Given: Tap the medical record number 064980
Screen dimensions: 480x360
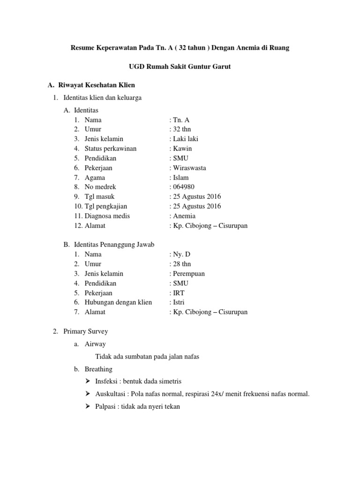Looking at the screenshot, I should [x=184, y=187].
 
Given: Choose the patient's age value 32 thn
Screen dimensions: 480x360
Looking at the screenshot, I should [x=181, y=129].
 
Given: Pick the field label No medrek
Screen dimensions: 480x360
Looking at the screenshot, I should [x=100, y=187].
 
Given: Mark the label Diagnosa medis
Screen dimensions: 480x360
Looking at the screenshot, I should [x=107, y=216].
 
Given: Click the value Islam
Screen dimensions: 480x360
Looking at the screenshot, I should [x=182, y=178].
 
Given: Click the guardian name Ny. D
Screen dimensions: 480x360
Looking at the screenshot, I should [x=181, y=255].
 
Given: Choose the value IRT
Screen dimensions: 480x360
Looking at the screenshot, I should [x=180, y=293].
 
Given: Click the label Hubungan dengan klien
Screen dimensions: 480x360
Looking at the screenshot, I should [x=118, y=302].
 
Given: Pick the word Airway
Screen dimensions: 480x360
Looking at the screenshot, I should [x=95, y=344].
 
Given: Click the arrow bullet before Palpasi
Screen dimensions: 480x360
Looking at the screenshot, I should [x=88, y=407].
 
